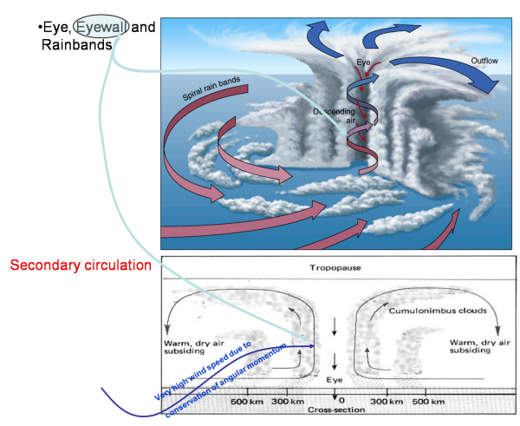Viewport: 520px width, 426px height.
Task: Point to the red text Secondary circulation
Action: pyautogui.click(x=81, y=265)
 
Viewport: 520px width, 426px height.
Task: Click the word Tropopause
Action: pyautogui.click(x=336, y=270)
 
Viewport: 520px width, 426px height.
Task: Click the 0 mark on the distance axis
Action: pyautogui.click(x=336, y=401)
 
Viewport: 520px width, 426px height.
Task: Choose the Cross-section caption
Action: pyautogui.click(x=336, y=410)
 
